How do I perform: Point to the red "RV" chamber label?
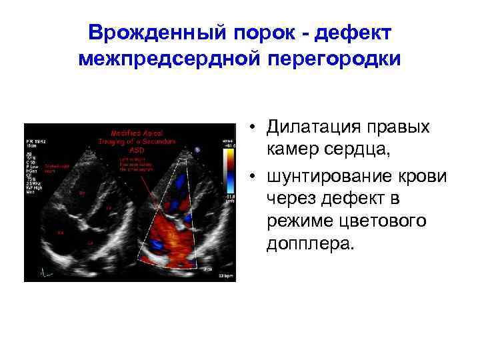coord(82,192)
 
